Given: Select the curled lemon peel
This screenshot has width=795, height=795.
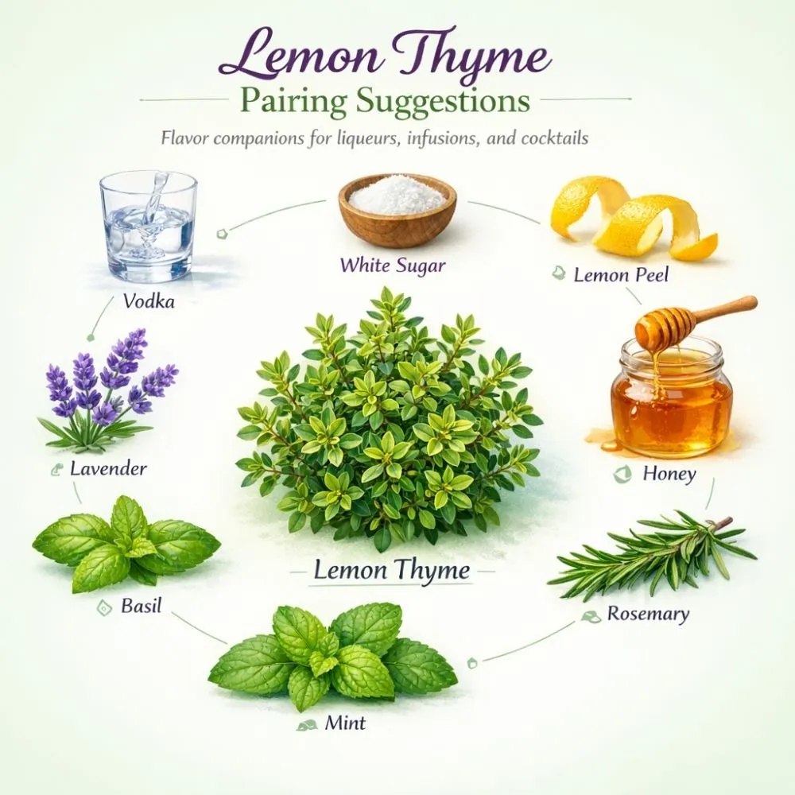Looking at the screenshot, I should tap(632, 219).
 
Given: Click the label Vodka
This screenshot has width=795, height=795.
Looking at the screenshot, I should tap(149, 301).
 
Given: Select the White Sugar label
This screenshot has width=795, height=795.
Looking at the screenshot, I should tap(392, 266).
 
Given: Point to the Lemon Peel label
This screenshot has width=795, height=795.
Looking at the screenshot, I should tap(621, 275).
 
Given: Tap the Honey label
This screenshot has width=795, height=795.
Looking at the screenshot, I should tap(669, 475).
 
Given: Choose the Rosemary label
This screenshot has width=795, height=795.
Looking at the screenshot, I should tap(648, 614).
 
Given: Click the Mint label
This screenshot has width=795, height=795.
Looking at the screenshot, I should tap(345, 723).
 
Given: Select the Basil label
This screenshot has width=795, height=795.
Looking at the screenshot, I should tap(141, 607).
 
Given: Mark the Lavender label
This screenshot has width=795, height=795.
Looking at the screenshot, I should tap(108, 468).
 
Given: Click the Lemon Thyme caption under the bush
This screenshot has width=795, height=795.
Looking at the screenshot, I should tap(391, 570).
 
